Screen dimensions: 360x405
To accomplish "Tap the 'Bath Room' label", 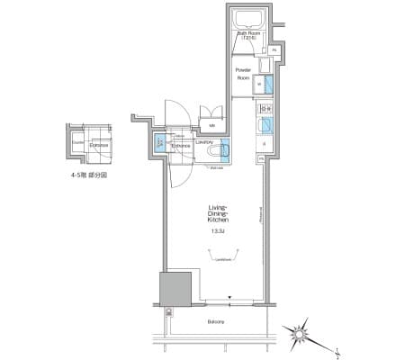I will tap(248, 35).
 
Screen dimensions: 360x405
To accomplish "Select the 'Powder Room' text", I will tap(242, 73).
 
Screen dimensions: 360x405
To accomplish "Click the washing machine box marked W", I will tap(260, 85).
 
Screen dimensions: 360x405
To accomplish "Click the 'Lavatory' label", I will tap(203, 140).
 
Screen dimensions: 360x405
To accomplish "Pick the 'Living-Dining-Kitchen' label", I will tap(216, 212).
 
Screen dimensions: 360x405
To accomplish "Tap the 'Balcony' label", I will tap(212, 320).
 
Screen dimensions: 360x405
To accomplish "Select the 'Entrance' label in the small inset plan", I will tap(99, 144).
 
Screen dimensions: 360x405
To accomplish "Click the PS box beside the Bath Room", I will tap(273, 49).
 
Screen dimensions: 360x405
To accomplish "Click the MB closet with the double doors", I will tap(212, 124).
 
